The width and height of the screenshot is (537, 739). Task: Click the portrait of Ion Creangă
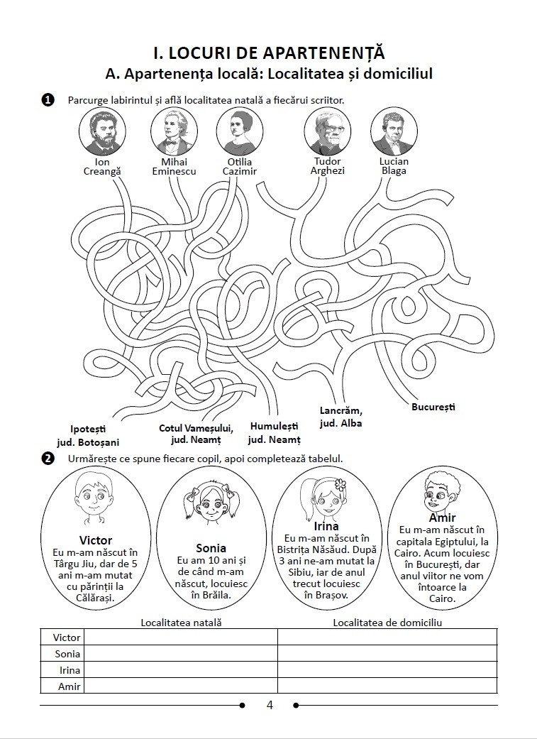(x=102, y=131)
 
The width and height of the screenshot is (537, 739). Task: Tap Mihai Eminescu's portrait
(x=175, y=131)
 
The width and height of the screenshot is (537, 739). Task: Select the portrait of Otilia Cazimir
(x=240, y=131)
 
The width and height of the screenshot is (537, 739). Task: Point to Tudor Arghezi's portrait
(x=328, y=131)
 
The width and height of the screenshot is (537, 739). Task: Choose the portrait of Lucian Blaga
(x=394, y=131)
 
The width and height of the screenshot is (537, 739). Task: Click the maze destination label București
(x=433, y=407)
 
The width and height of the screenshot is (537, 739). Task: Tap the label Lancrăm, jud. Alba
(x=341, y=417)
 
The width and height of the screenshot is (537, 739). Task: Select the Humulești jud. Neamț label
(x=274, y=433)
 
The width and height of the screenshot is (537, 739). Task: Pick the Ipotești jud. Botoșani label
(x=88, y=436)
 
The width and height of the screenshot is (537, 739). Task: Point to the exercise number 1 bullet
(x=48, y=100)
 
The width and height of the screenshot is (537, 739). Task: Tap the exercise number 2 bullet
(x=48, y=458)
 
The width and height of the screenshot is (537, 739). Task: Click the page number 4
(x=270, y=705)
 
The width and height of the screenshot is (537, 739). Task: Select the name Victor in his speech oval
(x=96, y=540)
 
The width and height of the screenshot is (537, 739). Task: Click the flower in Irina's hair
(x=340, y=484)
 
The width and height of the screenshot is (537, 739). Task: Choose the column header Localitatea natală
(x=182, y=623)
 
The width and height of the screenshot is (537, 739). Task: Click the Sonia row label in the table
(x=67, y=654)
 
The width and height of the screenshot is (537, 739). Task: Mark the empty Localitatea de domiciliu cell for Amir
(x=387, y=686)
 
